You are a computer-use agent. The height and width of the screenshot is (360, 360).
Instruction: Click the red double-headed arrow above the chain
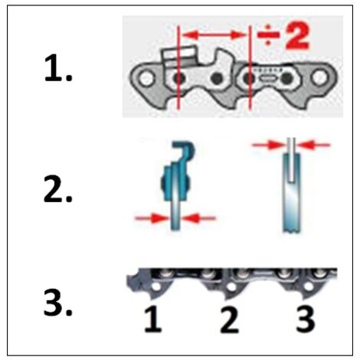click(x=214, y=35)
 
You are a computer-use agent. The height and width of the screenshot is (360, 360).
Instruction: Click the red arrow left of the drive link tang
click(x=147, y=218)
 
